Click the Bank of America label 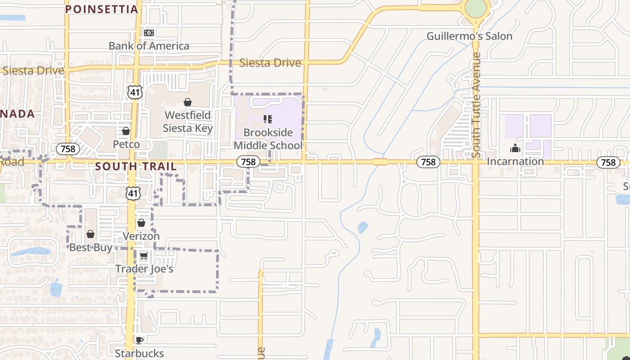point(149,46)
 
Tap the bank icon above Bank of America point(149,33)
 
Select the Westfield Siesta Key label point(188,121)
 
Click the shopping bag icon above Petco point(126,131)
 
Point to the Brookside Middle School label point(268,139)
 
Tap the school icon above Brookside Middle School point(268,119)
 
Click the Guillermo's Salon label point(469,36)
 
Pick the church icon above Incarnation point(515,148)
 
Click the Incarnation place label point(515,161)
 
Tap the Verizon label point(141,236)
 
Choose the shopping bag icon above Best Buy point(90,234)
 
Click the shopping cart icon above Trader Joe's point(144,256)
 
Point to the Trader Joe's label point(144,269)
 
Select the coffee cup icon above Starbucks point(139,340)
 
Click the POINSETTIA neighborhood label point(102,9)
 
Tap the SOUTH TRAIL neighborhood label point(136,166)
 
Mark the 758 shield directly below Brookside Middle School point(248,162)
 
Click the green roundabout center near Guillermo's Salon point(476,8)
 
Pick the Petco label point(126,144)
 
